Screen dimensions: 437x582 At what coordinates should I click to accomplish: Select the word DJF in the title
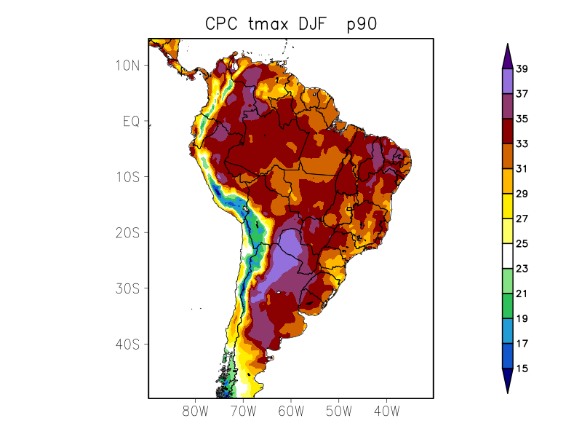click(315, 24)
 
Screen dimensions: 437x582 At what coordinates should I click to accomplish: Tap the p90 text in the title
click(361, 25)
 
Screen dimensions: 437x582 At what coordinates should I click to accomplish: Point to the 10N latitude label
click(127, 65)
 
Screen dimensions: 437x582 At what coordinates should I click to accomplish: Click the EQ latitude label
click(131, 121)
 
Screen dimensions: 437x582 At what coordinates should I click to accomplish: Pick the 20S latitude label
click(127, 232)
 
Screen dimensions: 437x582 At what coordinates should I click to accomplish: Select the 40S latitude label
click(127, 344)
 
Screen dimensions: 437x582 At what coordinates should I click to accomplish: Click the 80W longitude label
click(196, 411)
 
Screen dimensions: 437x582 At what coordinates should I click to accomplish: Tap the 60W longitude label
click(291, 411)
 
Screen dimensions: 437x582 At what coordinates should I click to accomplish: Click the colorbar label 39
click(522, 69)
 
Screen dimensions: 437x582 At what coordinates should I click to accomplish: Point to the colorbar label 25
click(522, 244)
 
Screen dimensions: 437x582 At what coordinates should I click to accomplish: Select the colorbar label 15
click(522, 369)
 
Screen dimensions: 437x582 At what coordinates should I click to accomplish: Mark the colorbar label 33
click(522, 144)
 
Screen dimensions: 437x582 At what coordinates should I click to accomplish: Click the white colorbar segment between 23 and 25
click(507, 256)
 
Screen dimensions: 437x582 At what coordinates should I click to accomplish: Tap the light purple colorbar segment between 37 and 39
click(507, 82)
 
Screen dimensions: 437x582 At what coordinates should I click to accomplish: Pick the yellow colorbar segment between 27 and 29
click(507, 206)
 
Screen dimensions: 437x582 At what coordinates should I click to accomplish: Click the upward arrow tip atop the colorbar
click(507, 45)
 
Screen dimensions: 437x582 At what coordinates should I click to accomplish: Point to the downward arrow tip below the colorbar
click(507, 392)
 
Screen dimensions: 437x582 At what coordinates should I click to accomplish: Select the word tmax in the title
click(268, 24)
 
